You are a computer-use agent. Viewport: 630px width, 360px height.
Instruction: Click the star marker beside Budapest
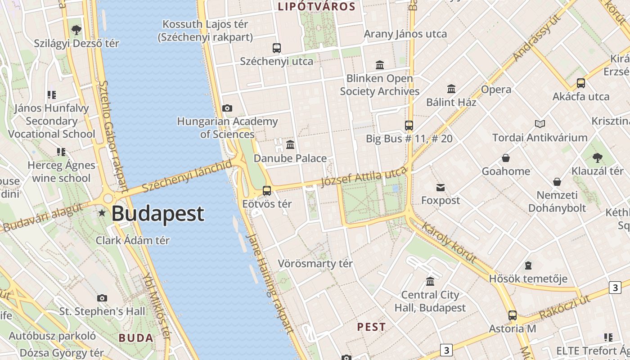pos(103,213)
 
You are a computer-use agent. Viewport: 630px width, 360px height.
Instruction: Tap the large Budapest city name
pos(158,213)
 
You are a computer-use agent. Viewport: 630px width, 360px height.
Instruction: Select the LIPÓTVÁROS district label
pos(317,7)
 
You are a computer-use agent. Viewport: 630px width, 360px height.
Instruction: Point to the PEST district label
pos(371,327)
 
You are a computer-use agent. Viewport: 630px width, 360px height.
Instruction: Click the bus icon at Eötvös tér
pos(267,190)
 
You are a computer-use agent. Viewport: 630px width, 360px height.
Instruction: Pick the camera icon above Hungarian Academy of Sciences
pos(227,108)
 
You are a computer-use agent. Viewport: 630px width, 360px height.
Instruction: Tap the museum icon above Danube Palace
pos(290,145)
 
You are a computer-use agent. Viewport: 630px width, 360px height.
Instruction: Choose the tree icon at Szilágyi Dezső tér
pos(76,30)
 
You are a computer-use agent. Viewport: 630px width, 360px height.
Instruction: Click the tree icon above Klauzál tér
pos(597,157)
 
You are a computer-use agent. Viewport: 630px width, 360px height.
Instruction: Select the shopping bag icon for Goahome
pos(506,158)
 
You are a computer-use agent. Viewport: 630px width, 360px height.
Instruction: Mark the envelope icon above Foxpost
pos(441,187)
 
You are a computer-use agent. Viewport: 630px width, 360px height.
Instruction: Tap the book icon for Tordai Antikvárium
pos(540,124)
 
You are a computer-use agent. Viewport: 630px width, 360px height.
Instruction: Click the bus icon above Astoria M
pos(512,315)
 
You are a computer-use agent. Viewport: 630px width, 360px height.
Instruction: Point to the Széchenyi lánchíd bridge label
pos(187,176)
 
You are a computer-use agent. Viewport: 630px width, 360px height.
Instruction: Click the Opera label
pos(496,90)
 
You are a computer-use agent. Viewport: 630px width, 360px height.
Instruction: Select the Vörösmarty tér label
pos(315,263)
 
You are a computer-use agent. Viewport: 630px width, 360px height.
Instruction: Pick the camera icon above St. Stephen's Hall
pos(102,298)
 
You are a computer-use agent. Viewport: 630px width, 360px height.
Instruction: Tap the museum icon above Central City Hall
pos(430,281)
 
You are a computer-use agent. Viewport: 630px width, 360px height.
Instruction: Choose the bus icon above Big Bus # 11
pos(409,125)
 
